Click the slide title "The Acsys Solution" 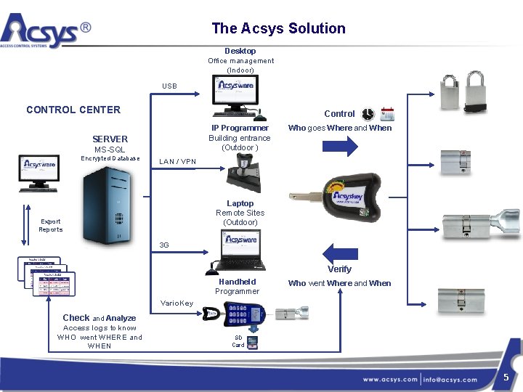pyautogui.click(x=278, y=28)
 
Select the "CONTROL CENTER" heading pyautogui.click(x=73, y=110)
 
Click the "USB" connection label pyautogui.click(x=169, y=86)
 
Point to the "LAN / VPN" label pyautogui.click(x=178, y=161)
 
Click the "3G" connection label pyautogui.click(x=164, y=245)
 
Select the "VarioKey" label pyautogui.click(x=177, y=303)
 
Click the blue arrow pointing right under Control pyautogui.click(x=339, y=146)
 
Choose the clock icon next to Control pyautogui.click(x=369, y=114)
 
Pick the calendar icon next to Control pyautogui.click(x=387, y=114)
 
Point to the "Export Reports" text pyautogui.click(x=51, y=225)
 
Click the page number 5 pyautogui.click(x=506, y=376)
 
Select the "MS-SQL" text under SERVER pyautogui.click(x=110, y=150)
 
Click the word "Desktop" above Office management pyautogui.click(x=240, y=51)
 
